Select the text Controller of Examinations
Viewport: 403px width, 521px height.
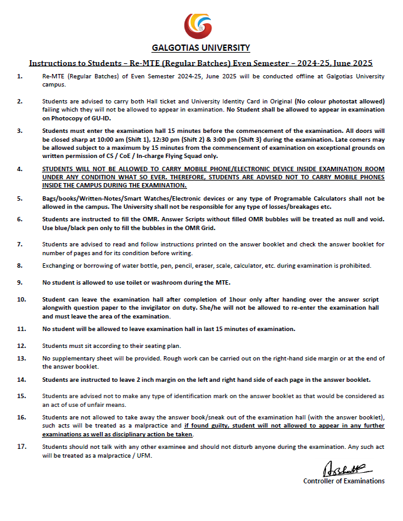tap(344, 481)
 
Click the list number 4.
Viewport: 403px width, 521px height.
tap(20, 170)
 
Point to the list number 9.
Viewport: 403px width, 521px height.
tap(20, 282)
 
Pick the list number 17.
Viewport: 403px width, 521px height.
tap(21, 446)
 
